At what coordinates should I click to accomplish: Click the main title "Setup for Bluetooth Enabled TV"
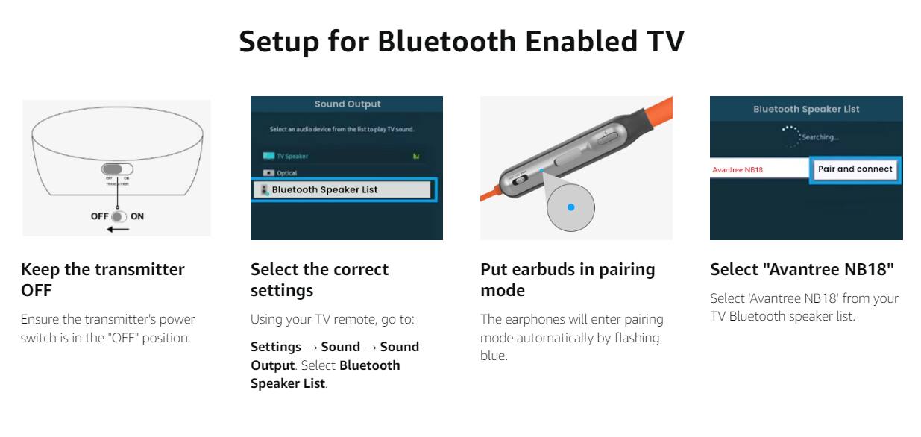(x=461, y=42)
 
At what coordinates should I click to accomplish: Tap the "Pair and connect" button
(x=855, y=169)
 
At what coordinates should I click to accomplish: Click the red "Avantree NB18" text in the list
(x=738, y=170)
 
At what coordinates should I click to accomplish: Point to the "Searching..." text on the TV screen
(x=820, y=137)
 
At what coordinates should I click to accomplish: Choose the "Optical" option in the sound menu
(x=286, y=173)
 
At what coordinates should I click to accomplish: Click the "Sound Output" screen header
(x=348, y=104)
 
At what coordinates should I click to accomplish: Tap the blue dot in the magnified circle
(x=570, y=207)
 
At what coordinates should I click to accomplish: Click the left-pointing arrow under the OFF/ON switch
(x=117, y=229)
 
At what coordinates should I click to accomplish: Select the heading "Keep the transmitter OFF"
(x=103, y=280)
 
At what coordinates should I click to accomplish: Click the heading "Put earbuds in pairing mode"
(x=568, y=280)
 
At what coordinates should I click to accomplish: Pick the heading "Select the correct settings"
(x=319, y=280)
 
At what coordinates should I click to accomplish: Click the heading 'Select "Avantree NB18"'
(x=802, y=269)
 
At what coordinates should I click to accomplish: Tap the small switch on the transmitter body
(x=117, y=170)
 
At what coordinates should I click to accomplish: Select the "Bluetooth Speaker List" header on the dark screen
(x=806, y=109)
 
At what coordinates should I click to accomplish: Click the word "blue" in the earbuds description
(x=493, y=356)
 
